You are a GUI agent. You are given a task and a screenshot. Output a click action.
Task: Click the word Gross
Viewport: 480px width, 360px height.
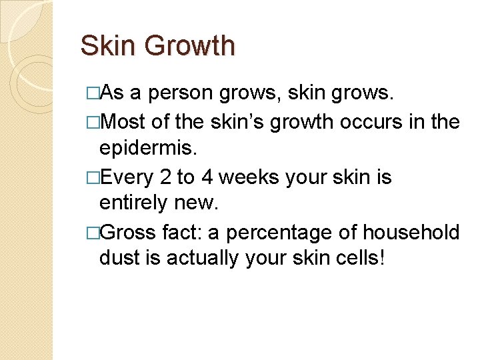pos(131,233)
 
